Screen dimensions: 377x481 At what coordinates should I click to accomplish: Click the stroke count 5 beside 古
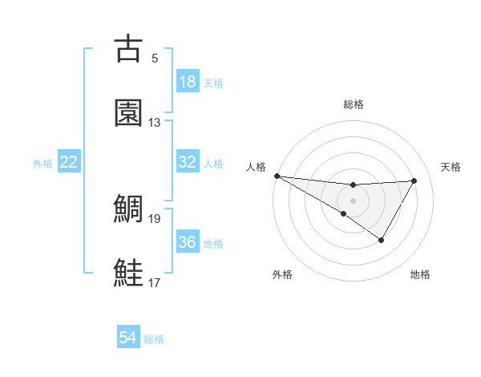coord(155,58)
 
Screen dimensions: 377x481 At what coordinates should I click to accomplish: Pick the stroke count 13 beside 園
coord(155,122)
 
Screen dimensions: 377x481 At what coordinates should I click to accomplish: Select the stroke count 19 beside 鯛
coord(155,218)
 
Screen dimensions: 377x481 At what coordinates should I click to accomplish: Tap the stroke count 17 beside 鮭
coord(155,282)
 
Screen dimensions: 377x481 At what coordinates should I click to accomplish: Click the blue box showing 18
coord(188,82)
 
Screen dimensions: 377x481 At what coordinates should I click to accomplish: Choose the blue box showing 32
coord(188,162)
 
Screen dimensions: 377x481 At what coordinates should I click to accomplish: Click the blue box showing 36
coord(188,242)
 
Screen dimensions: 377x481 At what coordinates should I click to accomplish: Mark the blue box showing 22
coord(69,162)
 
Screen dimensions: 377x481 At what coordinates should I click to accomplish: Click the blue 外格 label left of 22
coord(42,164)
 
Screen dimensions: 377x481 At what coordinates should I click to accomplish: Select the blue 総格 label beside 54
coord(154,339)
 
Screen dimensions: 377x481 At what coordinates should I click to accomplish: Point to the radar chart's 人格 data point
coord(277,176)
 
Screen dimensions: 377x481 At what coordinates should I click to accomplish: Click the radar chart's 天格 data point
coord(414,180)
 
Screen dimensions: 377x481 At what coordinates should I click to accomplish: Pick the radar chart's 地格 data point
coord(382,240)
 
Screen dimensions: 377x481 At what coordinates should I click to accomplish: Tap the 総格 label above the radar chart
coord(354,104)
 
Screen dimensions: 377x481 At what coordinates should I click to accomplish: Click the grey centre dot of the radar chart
coord(353,200)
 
